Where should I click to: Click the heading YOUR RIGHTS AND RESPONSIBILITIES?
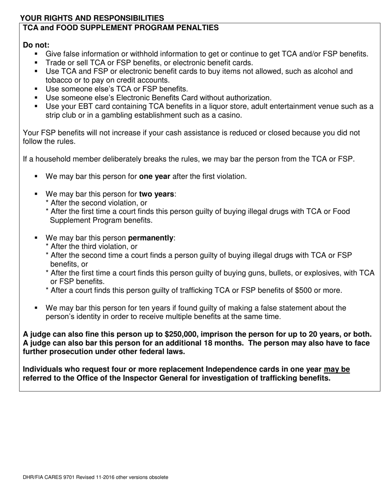(x=92, y=18)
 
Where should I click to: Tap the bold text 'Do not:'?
(x=36, y=45)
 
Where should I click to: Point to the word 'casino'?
(x=229, y=115)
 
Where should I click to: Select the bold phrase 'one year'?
(x=154, y=177)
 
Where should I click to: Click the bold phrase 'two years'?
(x=156, y=194)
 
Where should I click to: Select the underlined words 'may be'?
(x=337, y=369)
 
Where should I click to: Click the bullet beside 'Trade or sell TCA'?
(x=36, y=63)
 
